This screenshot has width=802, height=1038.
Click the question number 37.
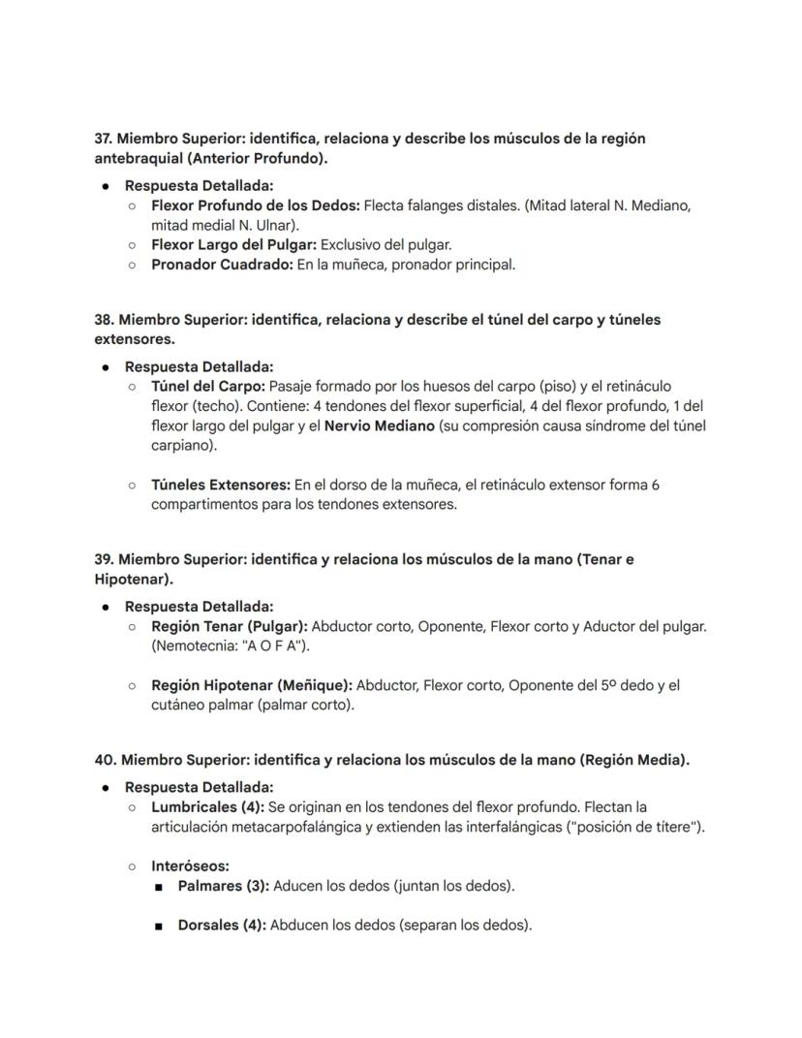point(104,139)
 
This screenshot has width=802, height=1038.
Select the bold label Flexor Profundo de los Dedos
point(256,205)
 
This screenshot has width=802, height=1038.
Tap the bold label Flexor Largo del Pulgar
point(233,244)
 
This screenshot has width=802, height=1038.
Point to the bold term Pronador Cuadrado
point(222,264)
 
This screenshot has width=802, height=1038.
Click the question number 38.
point(104,320)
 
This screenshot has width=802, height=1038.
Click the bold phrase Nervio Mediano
point(379,425)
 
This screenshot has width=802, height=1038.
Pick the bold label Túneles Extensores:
point(220,485)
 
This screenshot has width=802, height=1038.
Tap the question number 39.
point(104,559)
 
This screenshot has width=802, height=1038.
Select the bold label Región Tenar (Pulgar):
point(229,626)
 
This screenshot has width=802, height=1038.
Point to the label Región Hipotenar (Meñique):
point(251,685)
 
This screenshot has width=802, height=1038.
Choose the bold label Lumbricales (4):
point(207,806)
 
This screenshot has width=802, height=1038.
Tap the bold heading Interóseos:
point(190,866)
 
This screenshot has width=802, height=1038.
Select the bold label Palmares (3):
point(224,886)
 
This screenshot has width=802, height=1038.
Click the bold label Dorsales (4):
point(221,925)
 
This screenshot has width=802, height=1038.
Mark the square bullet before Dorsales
point(158,926)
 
